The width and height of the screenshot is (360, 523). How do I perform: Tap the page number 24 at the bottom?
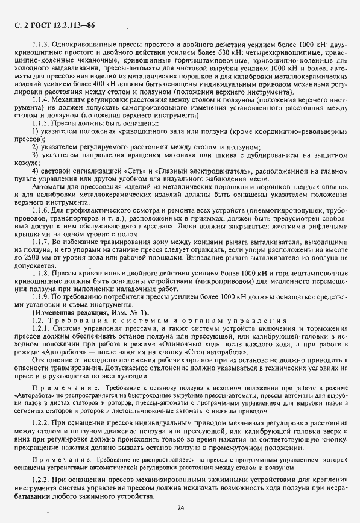point(180,508)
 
